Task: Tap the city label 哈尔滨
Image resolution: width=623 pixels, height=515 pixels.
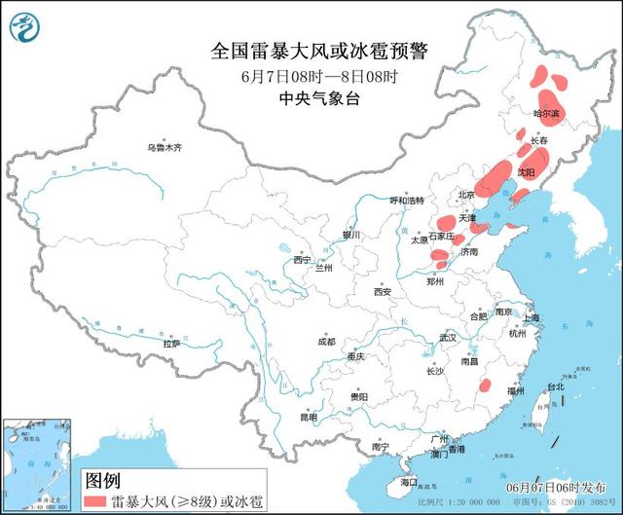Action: coord(547,114)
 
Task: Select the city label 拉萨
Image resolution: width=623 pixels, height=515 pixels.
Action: coord(171,344)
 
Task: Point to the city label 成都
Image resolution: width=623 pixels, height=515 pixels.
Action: coord(325,342)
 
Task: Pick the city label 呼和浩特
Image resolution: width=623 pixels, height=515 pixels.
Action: coord(407,200)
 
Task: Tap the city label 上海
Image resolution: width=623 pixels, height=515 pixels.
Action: coord(531,318)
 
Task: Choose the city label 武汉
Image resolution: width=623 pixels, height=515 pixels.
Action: coord(447,338)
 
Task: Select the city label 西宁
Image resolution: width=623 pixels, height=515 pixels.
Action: coord(302,260)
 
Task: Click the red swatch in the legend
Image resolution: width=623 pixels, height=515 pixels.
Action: coord(95,500)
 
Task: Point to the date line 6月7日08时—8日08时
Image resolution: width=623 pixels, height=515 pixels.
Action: coord(311,76)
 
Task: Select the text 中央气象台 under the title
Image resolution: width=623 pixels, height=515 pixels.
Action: coord(311,98)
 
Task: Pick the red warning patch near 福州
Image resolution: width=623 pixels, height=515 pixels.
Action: coord(484,386)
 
